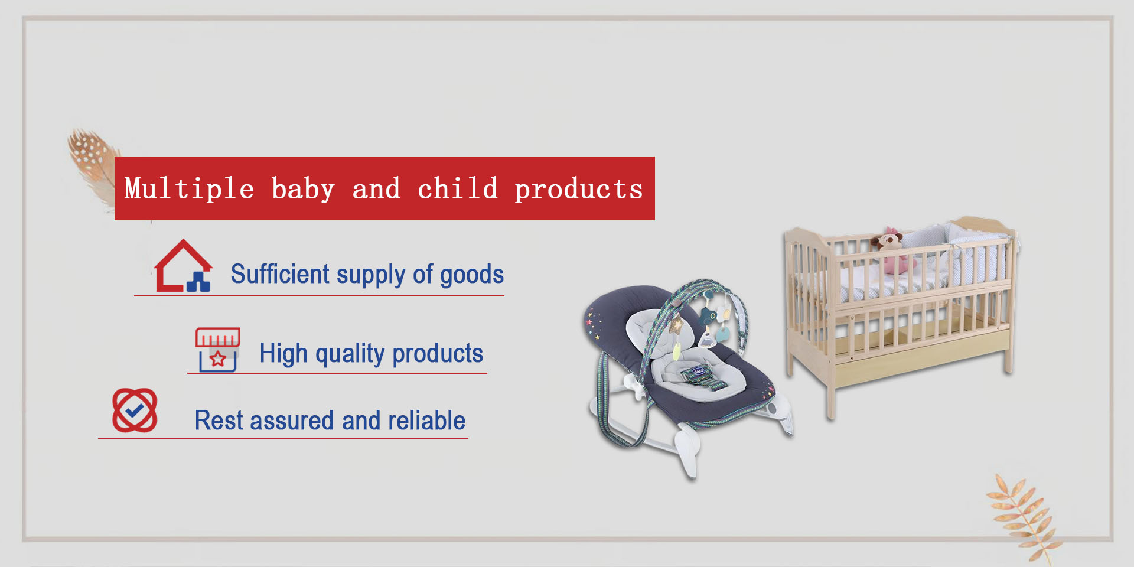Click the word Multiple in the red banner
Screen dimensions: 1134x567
click(189, 189)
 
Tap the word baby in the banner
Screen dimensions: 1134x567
click(303, 189)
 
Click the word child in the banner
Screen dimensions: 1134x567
click(457, 188)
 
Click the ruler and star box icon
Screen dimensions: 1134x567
click(217, 350)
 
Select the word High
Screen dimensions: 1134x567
click(283, 354)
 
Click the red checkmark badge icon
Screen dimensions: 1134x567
click(135, 410)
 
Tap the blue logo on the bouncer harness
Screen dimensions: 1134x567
click(699, 372)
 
